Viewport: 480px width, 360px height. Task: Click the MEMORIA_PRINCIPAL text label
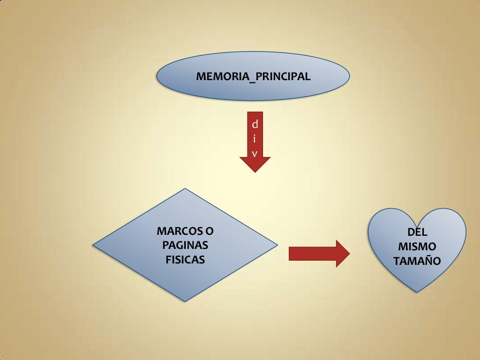253,76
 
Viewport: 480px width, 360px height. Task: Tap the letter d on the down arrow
255,125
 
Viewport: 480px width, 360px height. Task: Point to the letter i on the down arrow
255,139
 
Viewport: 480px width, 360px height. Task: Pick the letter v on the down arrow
255,153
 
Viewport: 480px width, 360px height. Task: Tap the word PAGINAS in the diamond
185,245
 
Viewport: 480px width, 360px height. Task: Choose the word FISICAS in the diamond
185,259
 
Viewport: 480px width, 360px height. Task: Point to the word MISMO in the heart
417,247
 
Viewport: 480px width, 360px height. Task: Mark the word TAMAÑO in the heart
417,261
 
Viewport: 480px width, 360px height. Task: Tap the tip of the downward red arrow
255,172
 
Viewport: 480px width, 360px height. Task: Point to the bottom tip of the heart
417,292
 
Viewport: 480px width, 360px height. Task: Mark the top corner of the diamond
186,189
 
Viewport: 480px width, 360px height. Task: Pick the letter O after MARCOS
209,231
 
